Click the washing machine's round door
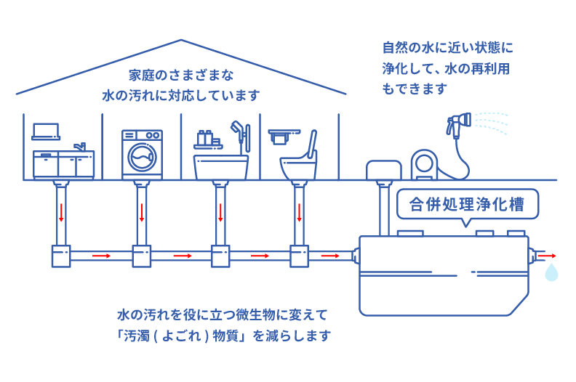142,157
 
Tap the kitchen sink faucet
81,147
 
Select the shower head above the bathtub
237,128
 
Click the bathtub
221,167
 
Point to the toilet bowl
298,168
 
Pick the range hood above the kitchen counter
46,131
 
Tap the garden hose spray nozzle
459,123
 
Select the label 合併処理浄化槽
466,204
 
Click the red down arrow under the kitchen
61,212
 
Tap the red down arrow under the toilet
300,212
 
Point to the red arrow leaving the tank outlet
548,256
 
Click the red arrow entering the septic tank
330,256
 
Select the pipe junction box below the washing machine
142,256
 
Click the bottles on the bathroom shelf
204,138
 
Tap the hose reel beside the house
425,164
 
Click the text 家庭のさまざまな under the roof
181,76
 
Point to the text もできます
415,89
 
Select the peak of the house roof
181,40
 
